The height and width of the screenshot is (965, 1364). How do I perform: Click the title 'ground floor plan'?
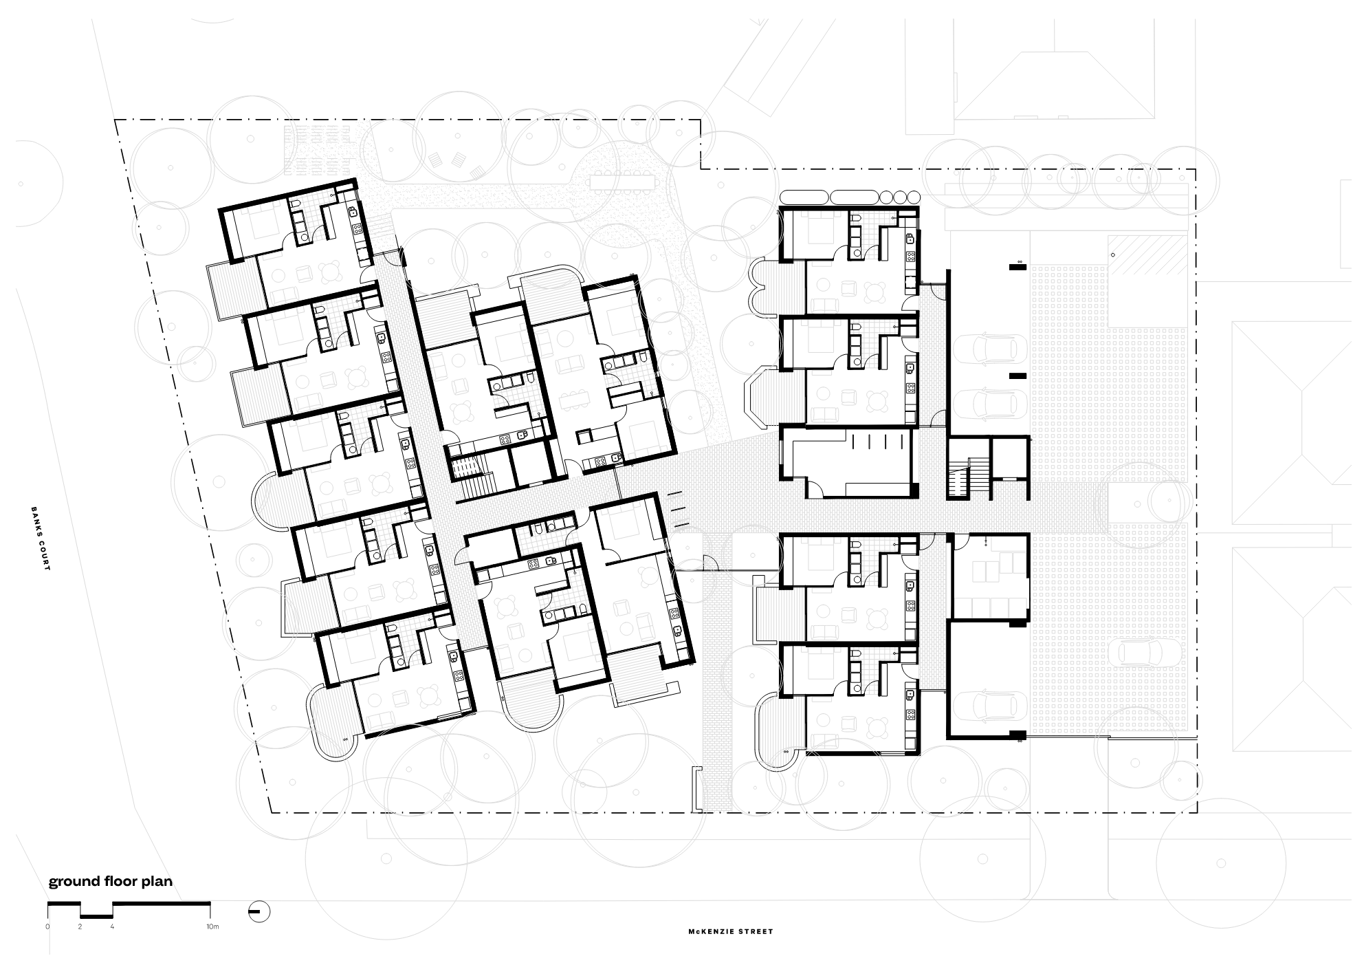110,882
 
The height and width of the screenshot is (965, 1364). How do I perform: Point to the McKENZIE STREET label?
731,931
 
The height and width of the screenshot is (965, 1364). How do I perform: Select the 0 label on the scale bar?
48,926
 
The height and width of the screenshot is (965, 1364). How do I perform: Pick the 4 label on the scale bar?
113,926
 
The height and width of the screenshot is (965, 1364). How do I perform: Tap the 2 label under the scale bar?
80,926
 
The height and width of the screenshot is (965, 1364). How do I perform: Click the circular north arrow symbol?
258,912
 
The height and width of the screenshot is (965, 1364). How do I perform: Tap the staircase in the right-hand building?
960,470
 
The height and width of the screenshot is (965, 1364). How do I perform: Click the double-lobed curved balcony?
767,283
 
